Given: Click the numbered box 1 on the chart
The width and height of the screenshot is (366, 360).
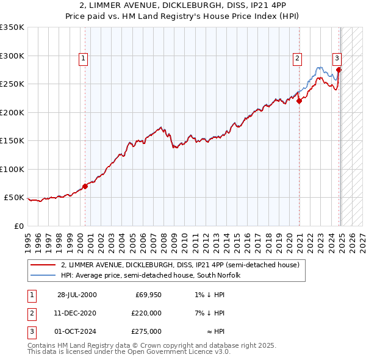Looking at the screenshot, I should tap(83, 59).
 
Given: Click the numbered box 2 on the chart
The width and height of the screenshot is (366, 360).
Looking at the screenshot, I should tap(297, 59).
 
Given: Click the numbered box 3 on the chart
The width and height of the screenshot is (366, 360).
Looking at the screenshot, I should tap(337, 59).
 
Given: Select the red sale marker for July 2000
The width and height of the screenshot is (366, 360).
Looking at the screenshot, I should tap(85, 186).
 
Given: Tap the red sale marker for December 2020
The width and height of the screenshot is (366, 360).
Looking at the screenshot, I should tap(300, 101).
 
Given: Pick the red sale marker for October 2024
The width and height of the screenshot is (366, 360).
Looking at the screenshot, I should tap(339, 70).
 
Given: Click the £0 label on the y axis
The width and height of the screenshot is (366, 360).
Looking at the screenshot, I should tap(18, 226).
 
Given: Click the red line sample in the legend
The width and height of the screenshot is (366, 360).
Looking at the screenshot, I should tap(43, 265).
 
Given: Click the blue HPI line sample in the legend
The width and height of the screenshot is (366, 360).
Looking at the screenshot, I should tap(43, 275).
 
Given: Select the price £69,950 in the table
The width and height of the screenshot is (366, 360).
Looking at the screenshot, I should tap(149, 295).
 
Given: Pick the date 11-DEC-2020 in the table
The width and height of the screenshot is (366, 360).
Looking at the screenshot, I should tap(75, 313).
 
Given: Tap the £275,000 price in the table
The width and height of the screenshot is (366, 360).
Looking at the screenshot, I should tap(147, 331).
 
